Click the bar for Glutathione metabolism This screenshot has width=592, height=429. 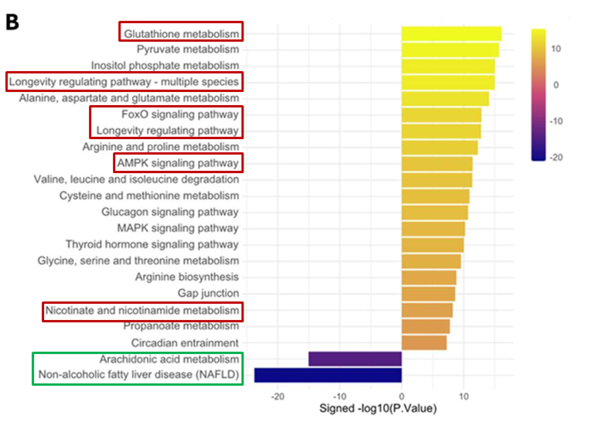tap(451, 33)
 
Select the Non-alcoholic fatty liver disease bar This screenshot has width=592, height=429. tap(328, 375)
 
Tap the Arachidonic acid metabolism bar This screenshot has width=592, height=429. tap(355, 359)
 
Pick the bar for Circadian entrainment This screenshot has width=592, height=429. tap(424, 342)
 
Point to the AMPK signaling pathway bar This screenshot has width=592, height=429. tap(437, 163)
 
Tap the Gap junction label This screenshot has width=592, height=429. tap(208, 294)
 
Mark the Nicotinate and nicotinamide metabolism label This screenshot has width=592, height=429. tap(142, 311)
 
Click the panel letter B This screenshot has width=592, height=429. tap(12, 22)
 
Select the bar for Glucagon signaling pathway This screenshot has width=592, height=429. tap(434, 212)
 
